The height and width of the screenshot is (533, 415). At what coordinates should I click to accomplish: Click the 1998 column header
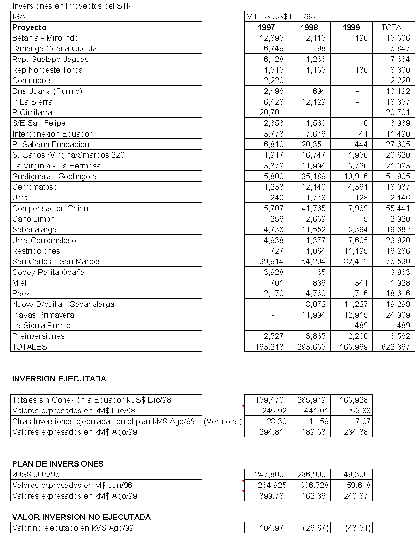click(x=309, y=27)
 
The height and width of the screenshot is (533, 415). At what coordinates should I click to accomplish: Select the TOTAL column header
click(x=393, y=27)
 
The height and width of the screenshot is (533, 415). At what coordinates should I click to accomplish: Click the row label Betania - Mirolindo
click(x=45, y=38)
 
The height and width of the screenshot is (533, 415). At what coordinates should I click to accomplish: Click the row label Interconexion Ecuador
click(x=52, y=134)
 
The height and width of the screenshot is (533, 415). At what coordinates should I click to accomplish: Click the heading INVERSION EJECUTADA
click(x=59, y=379)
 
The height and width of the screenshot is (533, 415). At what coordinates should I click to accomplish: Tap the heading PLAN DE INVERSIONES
click(x=58, y=464)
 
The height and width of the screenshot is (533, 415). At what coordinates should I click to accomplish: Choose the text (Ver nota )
click(x=223, y=421)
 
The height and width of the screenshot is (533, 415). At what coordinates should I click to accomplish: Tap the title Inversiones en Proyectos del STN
click(x=72, y=6)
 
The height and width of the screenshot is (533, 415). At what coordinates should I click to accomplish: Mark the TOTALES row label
click(x=30, y=347)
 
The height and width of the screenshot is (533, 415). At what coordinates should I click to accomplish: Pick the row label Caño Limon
click(x=33, y=219)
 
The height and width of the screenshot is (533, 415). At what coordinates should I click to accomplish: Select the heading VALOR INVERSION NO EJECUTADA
click(x=81, y=517)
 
